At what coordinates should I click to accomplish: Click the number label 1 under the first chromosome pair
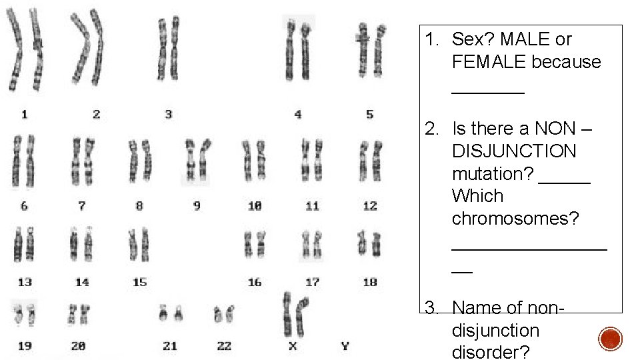click(24, 115)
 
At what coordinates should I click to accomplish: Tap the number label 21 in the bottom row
click(170, 345)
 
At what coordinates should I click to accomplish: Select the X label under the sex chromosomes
click(292, 345)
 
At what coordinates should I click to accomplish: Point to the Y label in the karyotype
click(345, 345)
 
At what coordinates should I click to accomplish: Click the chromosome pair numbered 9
click(197, 160)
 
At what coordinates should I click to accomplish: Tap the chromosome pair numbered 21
click(170, 313)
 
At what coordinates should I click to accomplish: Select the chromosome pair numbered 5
click(370, 50)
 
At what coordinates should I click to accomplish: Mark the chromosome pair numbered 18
click(369, 243)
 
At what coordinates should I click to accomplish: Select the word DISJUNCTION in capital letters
click(514, 151)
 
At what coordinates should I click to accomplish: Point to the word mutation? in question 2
click(491, 173)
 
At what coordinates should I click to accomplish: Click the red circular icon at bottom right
click(610, 339)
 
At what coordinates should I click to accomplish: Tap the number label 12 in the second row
click(370, 206)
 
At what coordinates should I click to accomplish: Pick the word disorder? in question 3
click(491, 352)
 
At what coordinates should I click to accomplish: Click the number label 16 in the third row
click(255, 282)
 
